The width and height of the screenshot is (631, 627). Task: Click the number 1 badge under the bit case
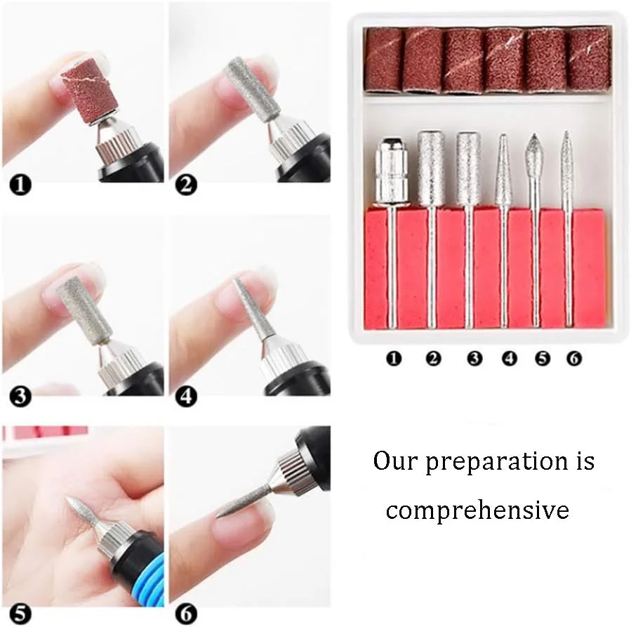pyautogui.click(x=394, y=358)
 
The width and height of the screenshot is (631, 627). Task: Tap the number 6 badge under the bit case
pyautogui.click(x=574, y=358)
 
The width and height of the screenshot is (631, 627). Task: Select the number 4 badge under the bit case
pyautogui.click(x=509, y=358)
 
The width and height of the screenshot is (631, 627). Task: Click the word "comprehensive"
pyautogui.click(x=477, y=510)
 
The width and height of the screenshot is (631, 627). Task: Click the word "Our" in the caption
pyautogui.click(x=395, y=461)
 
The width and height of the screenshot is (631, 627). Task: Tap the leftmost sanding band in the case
pyautogui.click(x=383, y=59)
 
